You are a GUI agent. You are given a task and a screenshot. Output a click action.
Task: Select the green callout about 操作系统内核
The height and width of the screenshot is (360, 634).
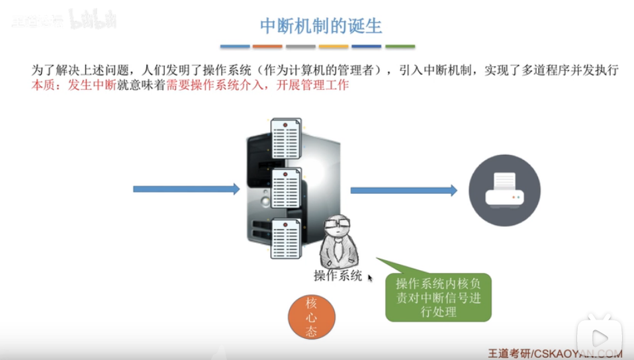tap(438, 297)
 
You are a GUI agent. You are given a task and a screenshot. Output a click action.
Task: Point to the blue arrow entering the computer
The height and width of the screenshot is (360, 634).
tap(186, 189)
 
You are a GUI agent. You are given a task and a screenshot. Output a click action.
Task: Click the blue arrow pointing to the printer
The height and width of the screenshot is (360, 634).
tap(403, 191)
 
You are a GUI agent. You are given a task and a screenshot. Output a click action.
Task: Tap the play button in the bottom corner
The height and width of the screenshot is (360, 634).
tap(599, 338)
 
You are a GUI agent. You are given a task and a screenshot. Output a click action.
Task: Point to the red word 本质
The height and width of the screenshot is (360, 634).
tap(44, 86)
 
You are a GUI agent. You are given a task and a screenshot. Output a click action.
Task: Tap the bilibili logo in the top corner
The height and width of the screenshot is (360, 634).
tap(92, 20)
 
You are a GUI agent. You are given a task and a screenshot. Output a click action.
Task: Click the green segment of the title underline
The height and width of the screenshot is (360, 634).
tap(400, 47)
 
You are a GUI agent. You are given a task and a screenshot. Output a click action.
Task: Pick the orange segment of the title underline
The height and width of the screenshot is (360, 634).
tap(267, 47)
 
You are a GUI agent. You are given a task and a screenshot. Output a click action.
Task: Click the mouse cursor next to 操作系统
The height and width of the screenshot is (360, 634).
tap(371, 279)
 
